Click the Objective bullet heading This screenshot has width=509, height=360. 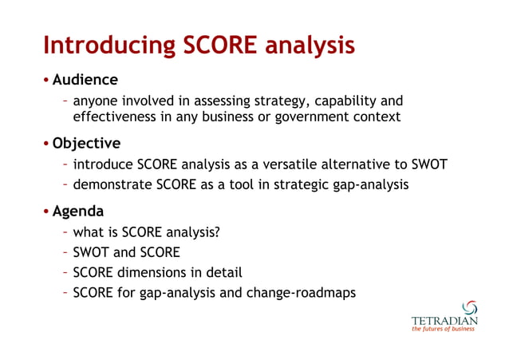(87, 144)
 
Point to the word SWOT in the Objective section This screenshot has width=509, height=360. (428, 165)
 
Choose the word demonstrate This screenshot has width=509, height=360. (111, 185)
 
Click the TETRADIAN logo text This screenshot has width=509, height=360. (444, 321)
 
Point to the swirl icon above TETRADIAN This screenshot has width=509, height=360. (470, 308)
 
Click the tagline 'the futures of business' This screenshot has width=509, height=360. (444, 330)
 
